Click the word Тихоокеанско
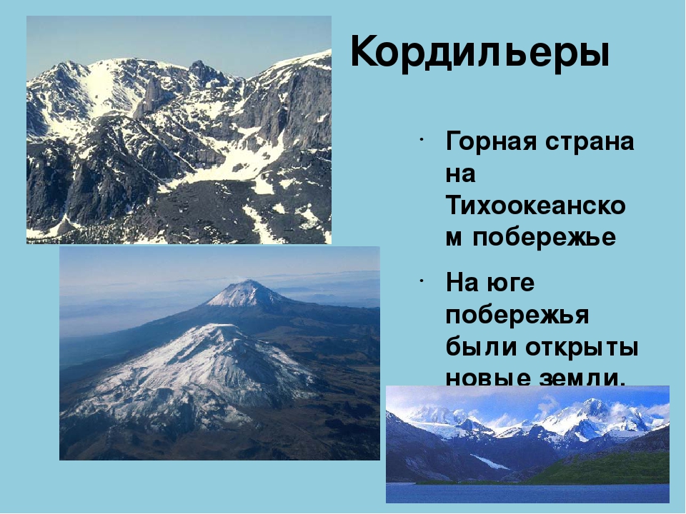[536, 206]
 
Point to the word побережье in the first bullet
[545, 238]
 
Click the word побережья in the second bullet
[517, 316]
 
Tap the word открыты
[582, 348]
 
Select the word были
[481, 347]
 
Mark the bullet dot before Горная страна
[420, 139]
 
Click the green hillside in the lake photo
[612, 468]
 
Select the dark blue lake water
[527, 493]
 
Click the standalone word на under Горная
[461, 175]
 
